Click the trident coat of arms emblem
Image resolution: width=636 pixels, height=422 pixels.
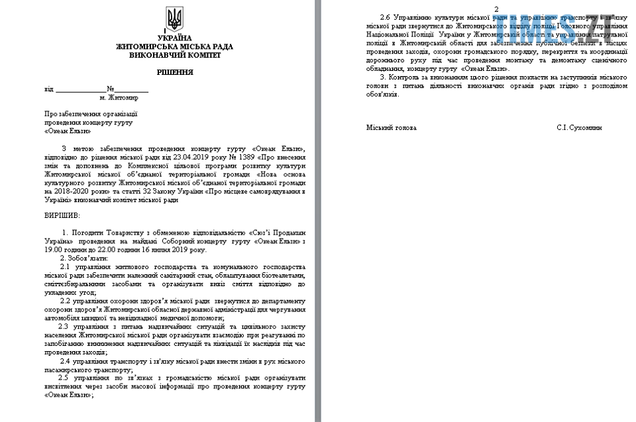pos(174,20)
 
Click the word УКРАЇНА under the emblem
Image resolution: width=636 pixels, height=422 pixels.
pos(174,38)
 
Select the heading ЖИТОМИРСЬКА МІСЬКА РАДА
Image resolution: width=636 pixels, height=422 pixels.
pos(174,47)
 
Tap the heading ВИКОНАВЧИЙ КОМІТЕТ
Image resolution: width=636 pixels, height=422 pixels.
pos(175,55)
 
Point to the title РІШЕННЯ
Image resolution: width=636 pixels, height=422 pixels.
pos(175,72)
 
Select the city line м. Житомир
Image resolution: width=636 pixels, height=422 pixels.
pos(119,97)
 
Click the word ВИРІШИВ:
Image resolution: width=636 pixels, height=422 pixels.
pos(62,215)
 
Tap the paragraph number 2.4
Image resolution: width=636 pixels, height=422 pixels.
pos(66,361)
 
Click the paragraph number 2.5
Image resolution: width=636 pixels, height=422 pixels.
pos(64,378)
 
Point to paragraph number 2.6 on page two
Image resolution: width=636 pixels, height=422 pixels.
pos(384,16)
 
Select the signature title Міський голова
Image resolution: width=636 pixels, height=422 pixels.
pos(391,127)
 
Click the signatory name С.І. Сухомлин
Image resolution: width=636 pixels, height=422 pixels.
pos(579,127)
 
